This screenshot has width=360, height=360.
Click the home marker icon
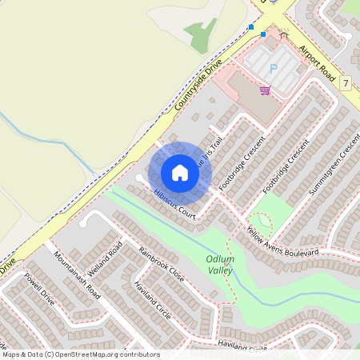(x=180, y=172)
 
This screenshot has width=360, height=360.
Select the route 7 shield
(x=346, y=82)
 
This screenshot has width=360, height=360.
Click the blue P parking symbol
(x=273, y=69)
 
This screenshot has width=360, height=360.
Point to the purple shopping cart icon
(x=265, y=90)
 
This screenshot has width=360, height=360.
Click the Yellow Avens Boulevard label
(x=282, y=246)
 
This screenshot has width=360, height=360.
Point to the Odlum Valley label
(x=219, y=265)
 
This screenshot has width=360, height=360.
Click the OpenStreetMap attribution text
(x=81, y=354)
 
